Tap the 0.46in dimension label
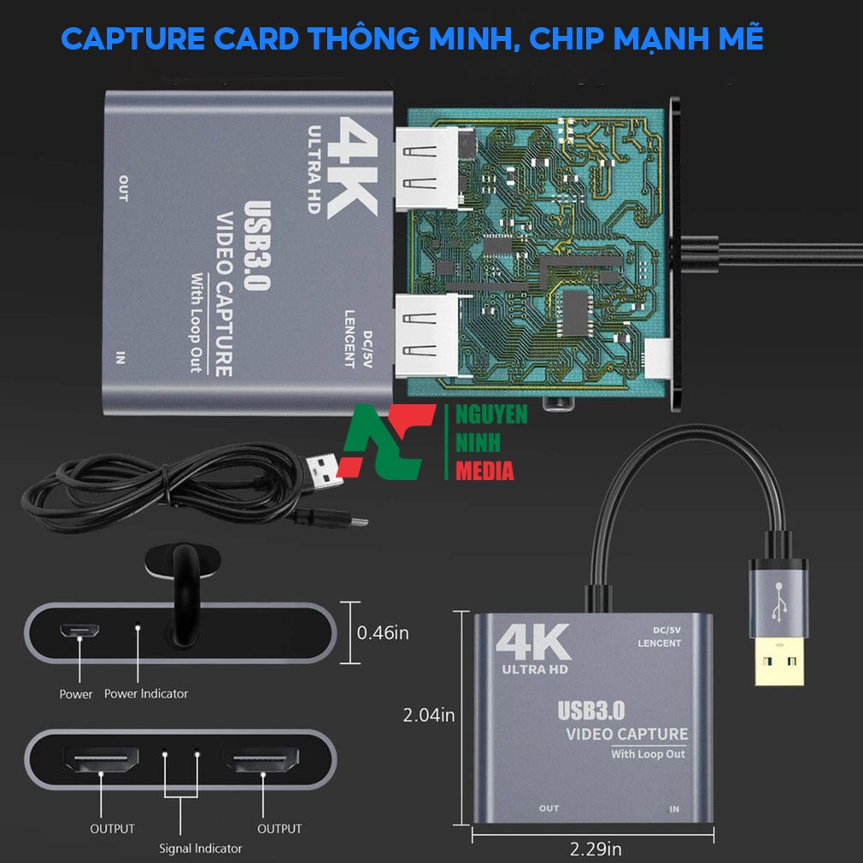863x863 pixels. (383, 633)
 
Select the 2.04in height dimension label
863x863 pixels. (429, 715)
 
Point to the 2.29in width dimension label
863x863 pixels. (595, 848)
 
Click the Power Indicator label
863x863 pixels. (146, 694)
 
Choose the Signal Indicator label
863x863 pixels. (200, 848)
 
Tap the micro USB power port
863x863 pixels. (79, 631)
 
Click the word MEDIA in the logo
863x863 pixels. (484, 471)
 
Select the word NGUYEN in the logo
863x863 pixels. (491, 414)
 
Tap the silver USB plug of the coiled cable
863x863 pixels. (324, 471)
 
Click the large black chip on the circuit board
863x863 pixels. (576, 312)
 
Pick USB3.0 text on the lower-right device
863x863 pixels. (591, 711)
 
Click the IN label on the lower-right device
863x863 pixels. (674, 809)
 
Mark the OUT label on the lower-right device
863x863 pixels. (549, 808)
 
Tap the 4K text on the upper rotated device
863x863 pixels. (351, 167)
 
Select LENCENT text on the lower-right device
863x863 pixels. (660, 643)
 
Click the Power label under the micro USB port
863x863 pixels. (76, 694)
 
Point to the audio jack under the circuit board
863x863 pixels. (558, 404)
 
